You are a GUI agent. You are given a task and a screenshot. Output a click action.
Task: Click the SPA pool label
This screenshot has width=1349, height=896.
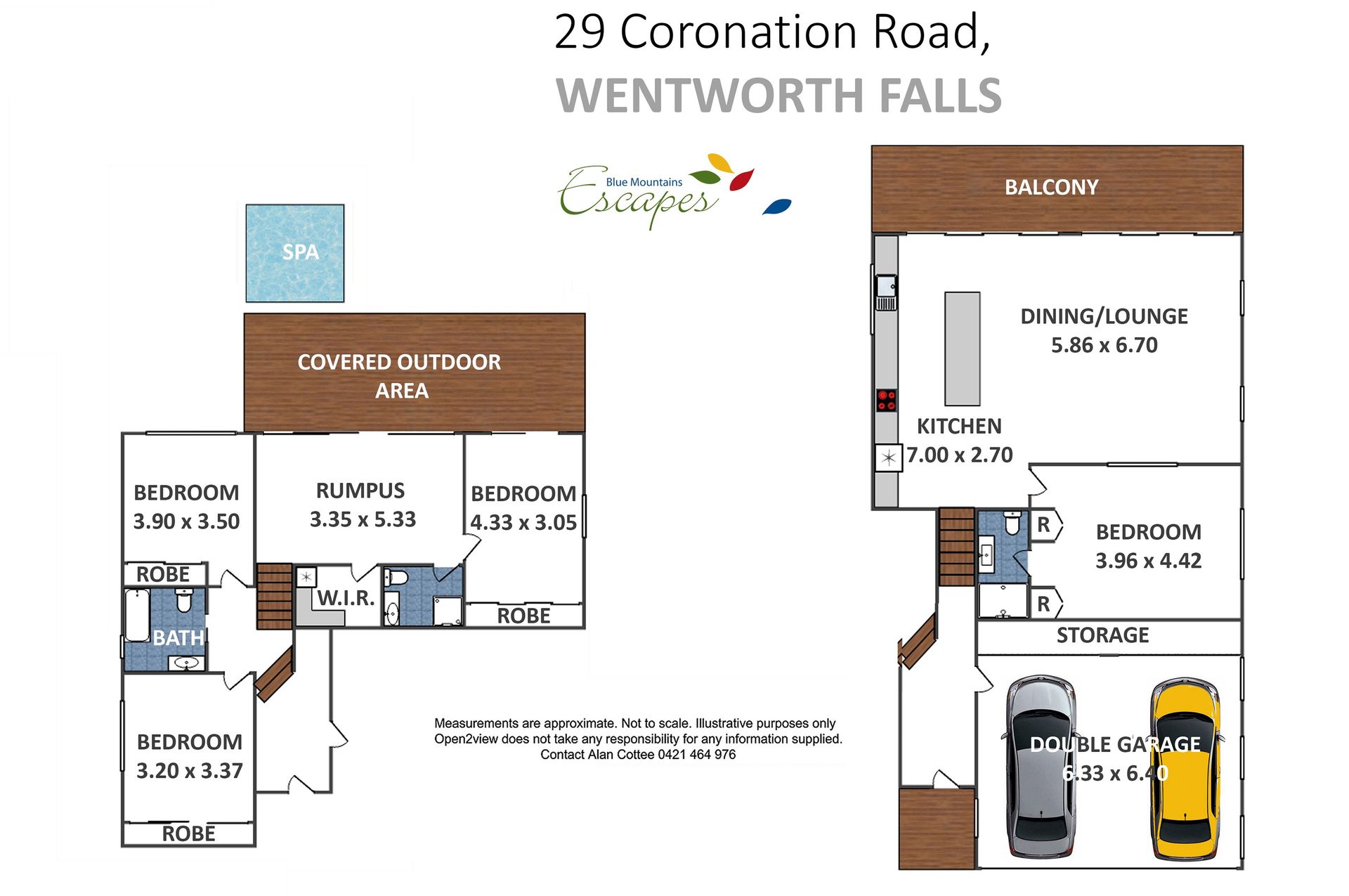301,252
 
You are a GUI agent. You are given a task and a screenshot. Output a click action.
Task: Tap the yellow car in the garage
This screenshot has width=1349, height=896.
1186,769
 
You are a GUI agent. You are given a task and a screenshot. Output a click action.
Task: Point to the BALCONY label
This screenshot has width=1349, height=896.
1051,187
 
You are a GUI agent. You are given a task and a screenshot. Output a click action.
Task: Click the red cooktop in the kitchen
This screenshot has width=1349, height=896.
886,401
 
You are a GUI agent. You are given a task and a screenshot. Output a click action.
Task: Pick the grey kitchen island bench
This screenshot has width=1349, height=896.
962,349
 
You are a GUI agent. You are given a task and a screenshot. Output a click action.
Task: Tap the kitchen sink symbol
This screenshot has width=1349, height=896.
886,292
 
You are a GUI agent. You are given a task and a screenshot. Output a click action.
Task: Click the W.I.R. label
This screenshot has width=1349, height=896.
346,598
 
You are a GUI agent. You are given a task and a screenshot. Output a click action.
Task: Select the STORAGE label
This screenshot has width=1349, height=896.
1102,635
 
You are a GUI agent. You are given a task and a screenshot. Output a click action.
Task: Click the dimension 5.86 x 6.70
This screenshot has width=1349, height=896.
1104,345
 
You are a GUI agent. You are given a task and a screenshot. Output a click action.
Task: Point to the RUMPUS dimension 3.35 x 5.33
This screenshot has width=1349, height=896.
363,519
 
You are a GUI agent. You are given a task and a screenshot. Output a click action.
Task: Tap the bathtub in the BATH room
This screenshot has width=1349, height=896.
137,615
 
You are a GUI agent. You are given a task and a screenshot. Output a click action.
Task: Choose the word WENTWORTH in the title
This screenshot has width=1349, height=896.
710,96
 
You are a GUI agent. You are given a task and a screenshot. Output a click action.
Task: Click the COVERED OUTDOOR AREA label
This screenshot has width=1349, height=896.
400,376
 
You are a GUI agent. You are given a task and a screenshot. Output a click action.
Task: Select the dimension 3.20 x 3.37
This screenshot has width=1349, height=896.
190,771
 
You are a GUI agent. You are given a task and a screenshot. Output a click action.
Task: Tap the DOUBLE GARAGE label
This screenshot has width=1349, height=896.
1115,744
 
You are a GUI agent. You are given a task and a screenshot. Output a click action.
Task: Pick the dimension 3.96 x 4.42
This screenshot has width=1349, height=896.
1149,561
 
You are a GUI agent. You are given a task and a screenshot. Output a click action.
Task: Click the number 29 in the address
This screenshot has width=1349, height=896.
580,32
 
